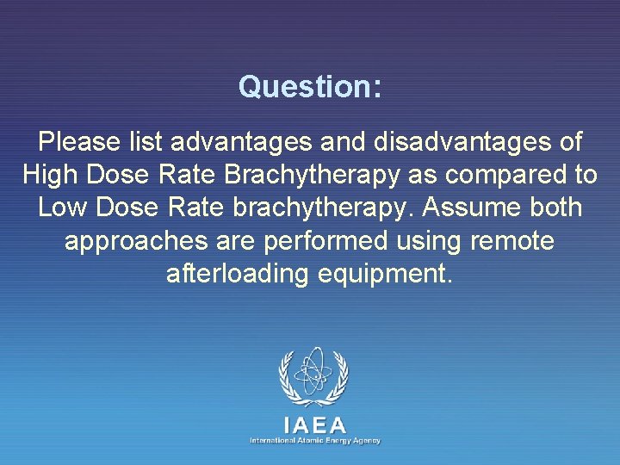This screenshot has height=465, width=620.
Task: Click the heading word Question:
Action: [310, 87]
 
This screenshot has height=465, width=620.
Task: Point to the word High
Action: [50, 175]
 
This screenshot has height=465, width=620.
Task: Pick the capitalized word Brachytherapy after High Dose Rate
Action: [312, 175]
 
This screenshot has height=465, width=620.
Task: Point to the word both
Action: [555, 208]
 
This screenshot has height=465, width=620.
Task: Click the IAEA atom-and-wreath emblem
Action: [313, 377]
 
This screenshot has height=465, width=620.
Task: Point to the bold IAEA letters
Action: [314, 425]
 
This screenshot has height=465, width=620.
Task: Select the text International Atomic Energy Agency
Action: [314, 440]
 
